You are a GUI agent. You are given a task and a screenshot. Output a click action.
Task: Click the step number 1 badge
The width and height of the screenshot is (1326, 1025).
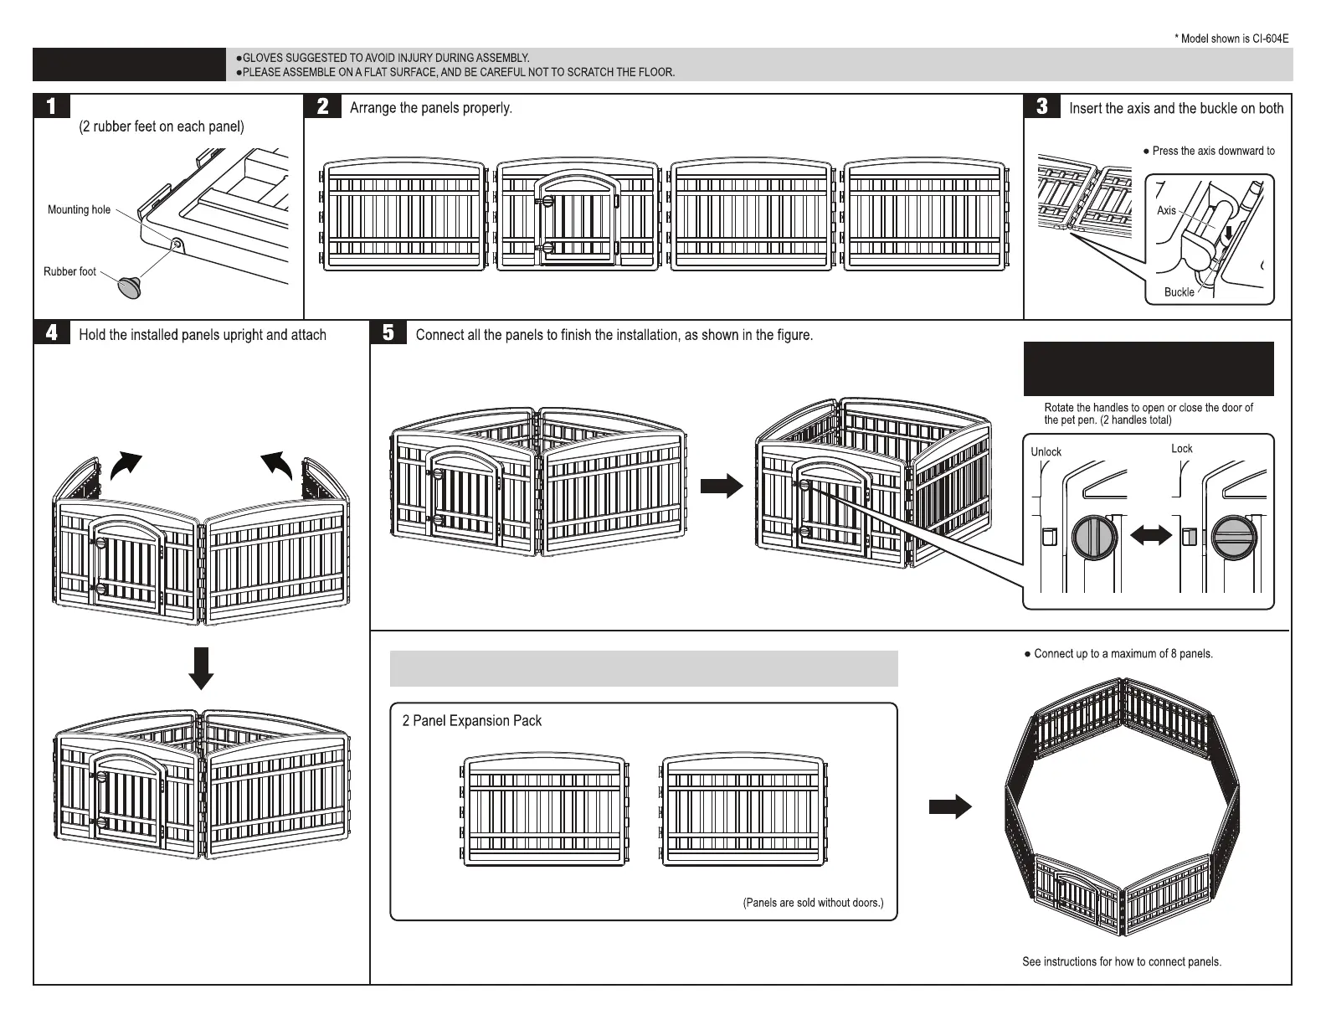coord(52,106)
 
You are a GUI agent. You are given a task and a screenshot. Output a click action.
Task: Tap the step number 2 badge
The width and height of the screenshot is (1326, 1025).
coord(323,106)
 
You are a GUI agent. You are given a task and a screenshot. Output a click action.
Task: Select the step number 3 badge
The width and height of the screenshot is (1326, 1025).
coord(1042,106)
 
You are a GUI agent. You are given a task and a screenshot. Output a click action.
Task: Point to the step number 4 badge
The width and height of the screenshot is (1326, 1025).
coord(52,332)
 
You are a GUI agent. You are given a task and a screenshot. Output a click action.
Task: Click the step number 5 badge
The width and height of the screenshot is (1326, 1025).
coord(388,332)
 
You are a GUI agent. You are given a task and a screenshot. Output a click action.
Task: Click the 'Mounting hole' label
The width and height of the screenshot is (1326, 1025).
coord(79,209)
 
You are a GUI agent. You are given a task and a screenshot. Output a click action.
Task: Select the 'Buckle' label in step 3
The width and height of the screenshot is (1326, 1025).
coord(1179,291)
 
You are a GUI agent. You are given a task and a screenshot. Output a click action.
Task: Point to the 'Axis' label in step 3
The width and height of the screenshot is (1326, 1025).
coord(1166,210)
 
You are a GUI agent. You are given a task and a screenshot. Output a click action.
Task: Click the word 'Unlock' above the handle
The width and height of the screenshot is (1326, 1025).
coord(1046,451)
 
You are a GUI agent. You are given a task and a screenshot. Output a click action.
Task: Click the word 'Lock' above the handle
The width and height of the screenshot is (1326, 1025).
coord(1181,448)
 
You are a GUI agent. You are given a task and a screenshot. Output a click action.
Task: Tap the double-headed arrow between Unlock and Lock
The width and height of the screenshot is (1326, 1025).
coord(1151,537)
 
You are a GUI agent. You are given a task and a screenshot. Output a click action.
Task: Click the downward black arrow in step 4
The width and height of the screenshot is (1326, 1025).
coord(201,667)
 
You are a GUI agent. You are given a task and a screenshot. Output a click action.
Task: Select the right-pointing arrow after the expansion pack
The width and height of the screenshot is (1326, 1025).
coord(950,807)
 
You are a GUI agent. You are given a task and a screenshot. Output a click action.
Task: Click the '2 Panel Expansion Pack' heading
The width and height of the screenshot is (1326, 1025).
coord(471,720)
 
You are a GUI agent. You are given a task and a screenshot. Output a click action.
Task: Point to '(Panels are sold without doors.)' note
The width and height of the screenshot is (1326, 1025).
coord(813,903)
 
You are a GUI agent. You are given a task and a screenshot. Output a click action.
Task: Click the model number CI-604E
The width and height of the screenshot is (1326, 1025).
coord(1270,39)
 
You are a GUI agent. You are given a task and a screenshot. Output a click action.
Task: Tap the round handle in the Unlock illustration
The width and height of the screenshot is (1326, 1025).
coord(1094,537)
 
